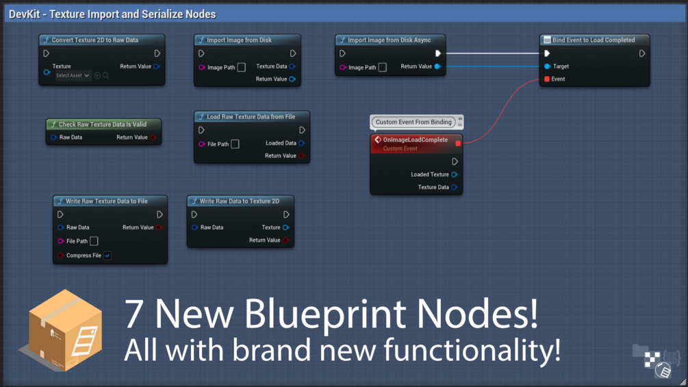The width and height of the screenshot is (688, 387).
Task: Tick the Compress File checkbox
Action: pyautogui.click(x=107, y=255)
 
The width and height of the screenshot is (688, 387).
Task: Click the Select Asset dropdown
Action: pyautogui.click(x=73, y=75)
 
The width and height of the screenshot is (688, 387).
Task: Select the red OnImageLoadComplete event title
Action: pyautogui.click(x=415, y=140)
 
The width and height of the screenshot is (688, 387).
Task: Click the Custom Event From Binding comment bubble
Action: pyautogui.click(x=413, y=122)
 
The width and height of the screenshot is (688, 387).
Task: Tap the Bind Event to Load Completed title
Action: pyautogui.click(x=593, y=40)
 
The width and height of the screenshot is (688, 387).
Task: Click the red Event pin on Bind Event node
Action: pyautogui.click(x=547, y=79)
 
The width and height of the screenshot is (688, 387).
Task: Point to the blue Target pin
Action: pyautogui.click(x=547, y=66)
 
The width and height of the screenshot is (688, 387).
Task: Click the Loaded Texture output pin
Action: pyautogui.click(x=454, y=175)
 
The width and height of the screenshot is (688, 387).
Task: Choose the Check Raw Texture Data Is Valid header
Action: pyautogui.click(x=102, y=125)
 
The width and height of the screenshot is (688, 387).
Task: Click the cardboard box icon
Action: pyautogui.click(x=64, y=329)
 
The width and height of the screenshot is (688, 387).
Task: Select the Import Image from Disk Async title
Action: pyautogui.click(x=389, y=40)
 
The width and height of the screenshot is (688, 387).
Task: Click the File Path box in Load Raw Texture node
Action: pyautogui.click(x=235, y=144)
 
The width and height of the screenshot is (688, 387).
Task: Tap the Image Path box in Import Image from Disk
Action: pyautogui.click(x=241, y=67)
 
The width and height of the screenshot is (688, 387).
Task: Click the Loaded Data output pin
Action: pyautogui.click(x=301, y=143)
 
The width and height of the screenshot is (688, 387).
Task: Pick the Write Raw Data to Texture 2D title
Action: pyautogui.click(x=239, y=201)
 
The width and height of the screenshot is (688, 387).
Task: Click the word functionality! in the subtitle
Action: pyautogui.click(x=472, y=350)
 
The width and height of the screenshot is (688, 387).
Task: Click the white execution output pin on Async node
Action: pyautogui.click(x=438, y=53)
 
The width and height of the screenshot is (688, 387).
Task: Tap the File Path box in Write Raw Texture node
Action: pyautogui.click(x=94, y=241)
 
